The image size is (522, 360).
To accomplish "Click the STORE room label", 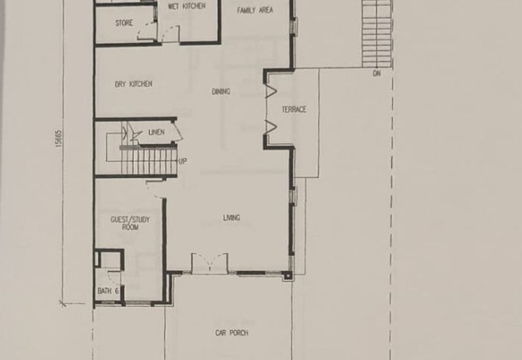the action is click(x=124, y=23).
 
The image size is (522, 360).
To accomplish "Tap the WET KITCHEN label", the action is click(x=187, y=6).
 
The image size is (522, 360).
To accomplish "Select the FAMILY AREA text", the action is click(x=255, y=10).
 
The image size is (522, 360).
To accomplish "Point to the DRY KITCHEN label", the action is click(x=134, y=84).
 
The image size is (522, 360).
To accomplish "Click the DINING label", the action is click(x=221, y=91).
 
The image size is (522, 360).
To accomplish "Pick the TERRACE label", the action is click(x=294, y=110).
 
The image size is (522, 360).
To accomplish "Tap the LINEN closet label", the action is click(x=157, y=132).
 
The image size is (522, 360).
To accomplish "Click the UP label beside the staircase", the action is click(x=183, y=161).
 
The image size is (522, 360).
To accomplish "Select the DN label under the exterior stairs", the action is click(x=376, y=73).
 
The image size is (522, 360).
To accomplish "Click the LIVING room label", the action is click(x=232, y=218).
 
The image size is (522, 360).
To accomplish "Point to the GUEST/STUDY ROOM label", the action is click(x=130, y=223).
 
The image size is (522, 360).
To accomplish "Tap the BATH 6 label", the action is click(x=108, y=291).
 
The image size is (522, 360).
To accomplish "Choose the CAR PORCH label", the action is click(x=232, y=333).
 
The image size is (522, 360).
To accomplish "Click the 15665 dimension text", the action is click(x=59, y=138).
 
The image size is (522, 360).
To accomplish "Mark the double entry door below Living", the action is click(x=209, y=263).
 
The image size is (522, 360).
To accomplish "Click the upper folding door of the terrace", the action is click(x=271, y=91).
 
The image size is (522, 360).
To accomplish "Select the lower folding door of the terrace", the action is click(x=271, y=128).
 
